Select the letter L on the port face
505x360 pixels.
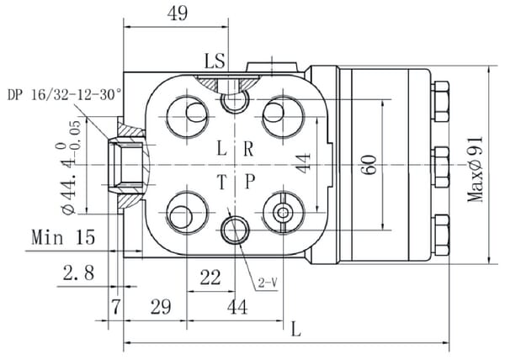coord(221,150)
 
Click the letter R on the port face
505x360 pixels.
coord(248,150)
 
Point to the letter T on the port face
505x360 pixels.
coord(221,183)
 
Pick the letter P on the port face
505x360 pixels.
coord(249,183)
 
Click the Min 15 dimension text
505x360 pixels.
coord(63,237)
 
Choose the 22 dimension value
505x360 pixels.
coord(210,276)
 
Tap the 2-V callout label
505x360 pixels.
coord(268,283)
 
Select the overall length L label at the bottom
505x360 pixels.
coord(295,329)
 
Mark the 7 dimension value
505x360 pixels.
coord(116,307)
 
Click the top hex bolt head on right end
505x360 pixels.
coord(440,93)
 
